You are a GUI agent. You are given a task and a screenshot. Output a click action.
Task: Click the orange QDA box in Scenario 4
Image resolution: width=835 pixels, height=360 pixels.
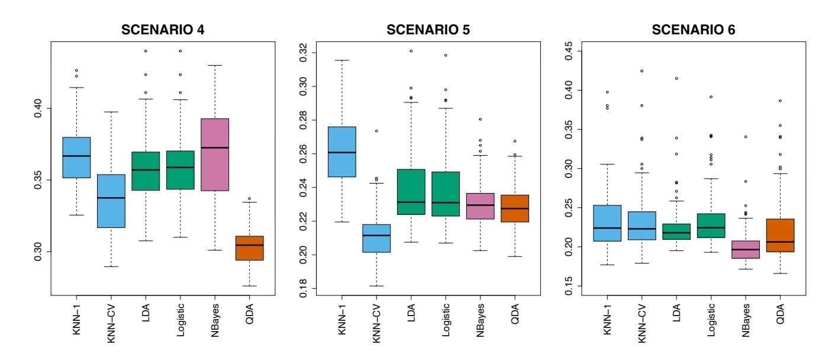[x=249, y=248]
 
